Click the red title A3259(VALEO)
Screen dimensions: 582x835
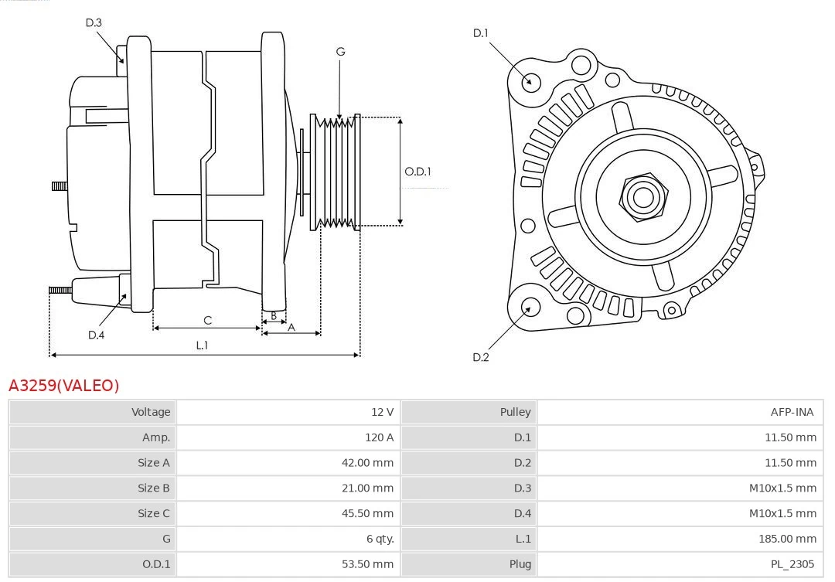[64, 385]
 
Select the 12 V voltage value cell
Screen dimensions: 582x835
[382, 412]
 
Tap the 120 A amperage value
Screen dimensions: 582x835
[379, 437]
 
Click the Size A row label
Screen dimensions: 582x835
[154, 463]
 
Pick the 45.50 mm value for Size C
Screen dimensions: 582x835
[367, 513]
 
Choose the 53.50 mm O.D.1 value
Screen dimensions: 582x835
[367, 564]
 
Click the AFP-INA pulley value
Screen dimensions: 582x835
[792, 412]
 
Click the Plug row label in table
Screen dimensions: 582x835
[520, 564]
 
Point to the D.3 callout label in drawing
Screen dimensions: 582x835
[94, 23]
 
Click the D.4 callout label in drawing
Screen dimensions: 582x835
[96, 335]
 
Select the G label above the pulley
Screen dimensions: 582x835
[340, 52]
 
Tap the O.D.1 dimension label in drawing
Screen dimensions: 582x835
[417, 172]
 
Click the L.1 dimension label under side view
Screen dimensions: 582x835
[202, 345]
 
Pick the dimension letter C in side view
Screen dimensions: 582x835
[207, 320]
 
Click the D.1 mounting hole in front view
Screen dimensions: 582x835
[530, 81]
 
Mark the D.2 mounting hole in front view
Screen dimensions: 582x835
[530, 308]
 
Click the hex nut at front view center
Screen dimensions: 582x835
[642, 196]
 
